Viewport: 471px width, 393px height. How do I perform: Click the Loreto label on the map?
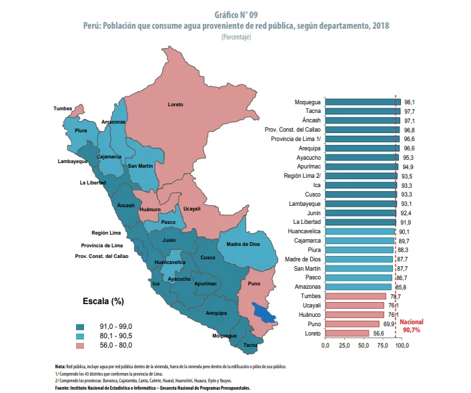[175, 104]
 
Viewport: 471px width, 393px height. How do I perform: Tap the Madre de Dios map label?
[242, 245]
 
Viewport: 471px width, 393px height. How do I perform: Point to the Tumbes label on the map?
[63, 108]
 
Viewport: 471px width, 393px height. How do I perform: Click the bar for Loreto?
[347, 333]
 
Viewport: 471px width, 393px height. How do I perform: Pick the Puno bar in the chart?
[352, 323]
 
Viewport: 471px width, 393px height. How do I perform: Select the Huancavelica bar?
[360, 231]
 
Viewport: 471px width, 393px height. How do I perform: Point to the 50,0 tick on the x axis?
[364, 346]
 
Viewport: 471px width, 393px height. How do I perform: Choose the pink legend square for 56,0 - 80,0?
[80, 345]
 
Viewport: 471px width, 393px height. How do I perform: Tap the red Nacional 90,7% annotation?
[412, 325]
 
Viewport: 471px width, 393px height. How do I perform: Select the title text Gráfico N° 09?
[236, 13]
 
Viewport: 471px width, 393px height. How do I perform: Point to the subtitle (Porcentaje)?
[236, 37]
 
